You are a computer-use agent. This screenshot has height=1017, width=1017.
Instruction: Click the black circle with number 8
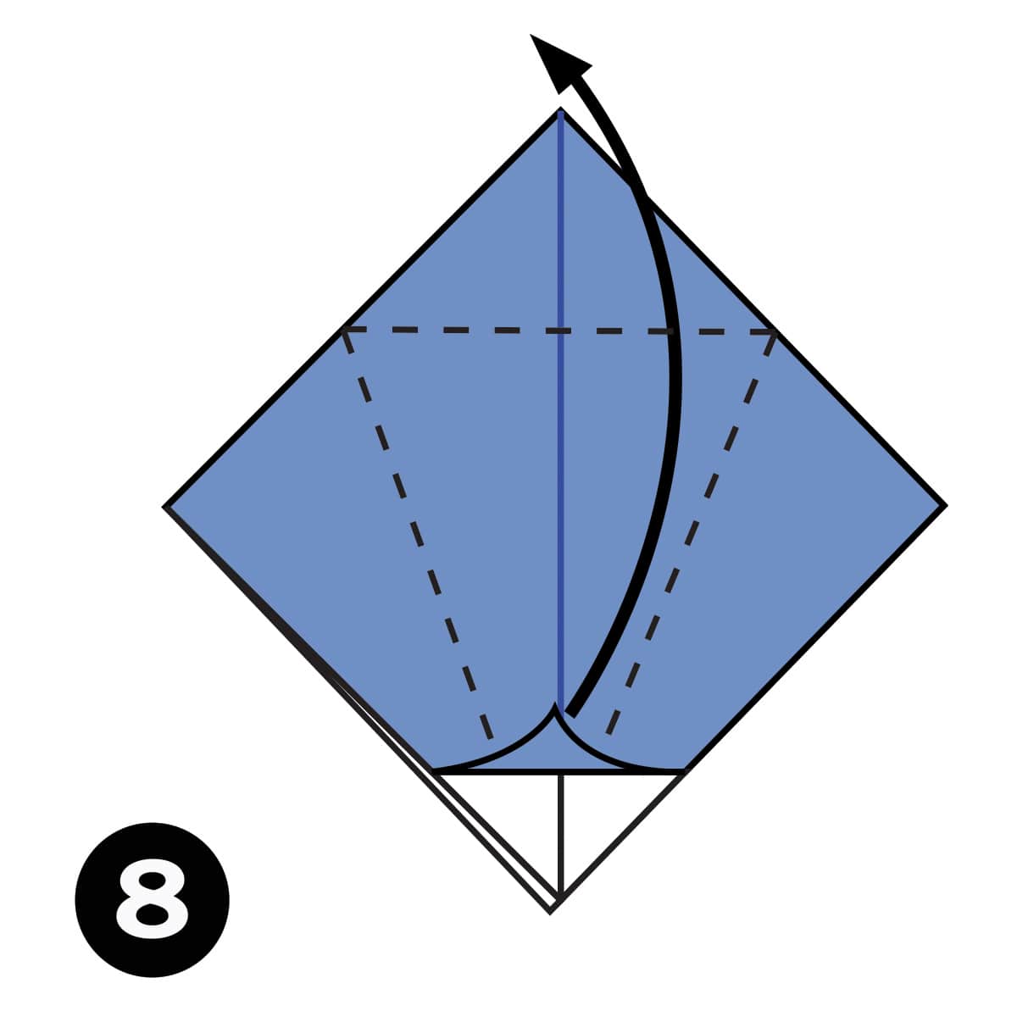point(153,898)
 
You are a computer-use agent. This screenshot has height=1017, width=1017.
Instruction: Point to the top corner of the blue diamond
point(560,111)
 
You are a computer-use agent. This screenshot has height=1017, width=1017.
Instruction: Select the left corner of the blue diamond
point(167,507)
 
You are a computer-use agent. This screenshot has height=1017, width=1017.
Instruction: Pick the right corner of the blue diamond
point(943,506)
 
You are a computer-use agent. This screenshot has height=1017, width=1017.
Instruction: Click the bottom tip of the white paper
point(552,909)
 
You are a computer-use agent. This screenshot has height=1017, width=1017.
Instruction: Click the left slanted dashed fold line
point(415,534)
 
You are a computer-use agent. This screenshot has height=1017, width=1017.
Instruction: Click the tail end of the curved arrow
point(570,712)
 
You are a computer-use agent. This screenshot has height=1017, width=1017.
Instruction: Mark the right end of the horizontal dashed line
point(773,331)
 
